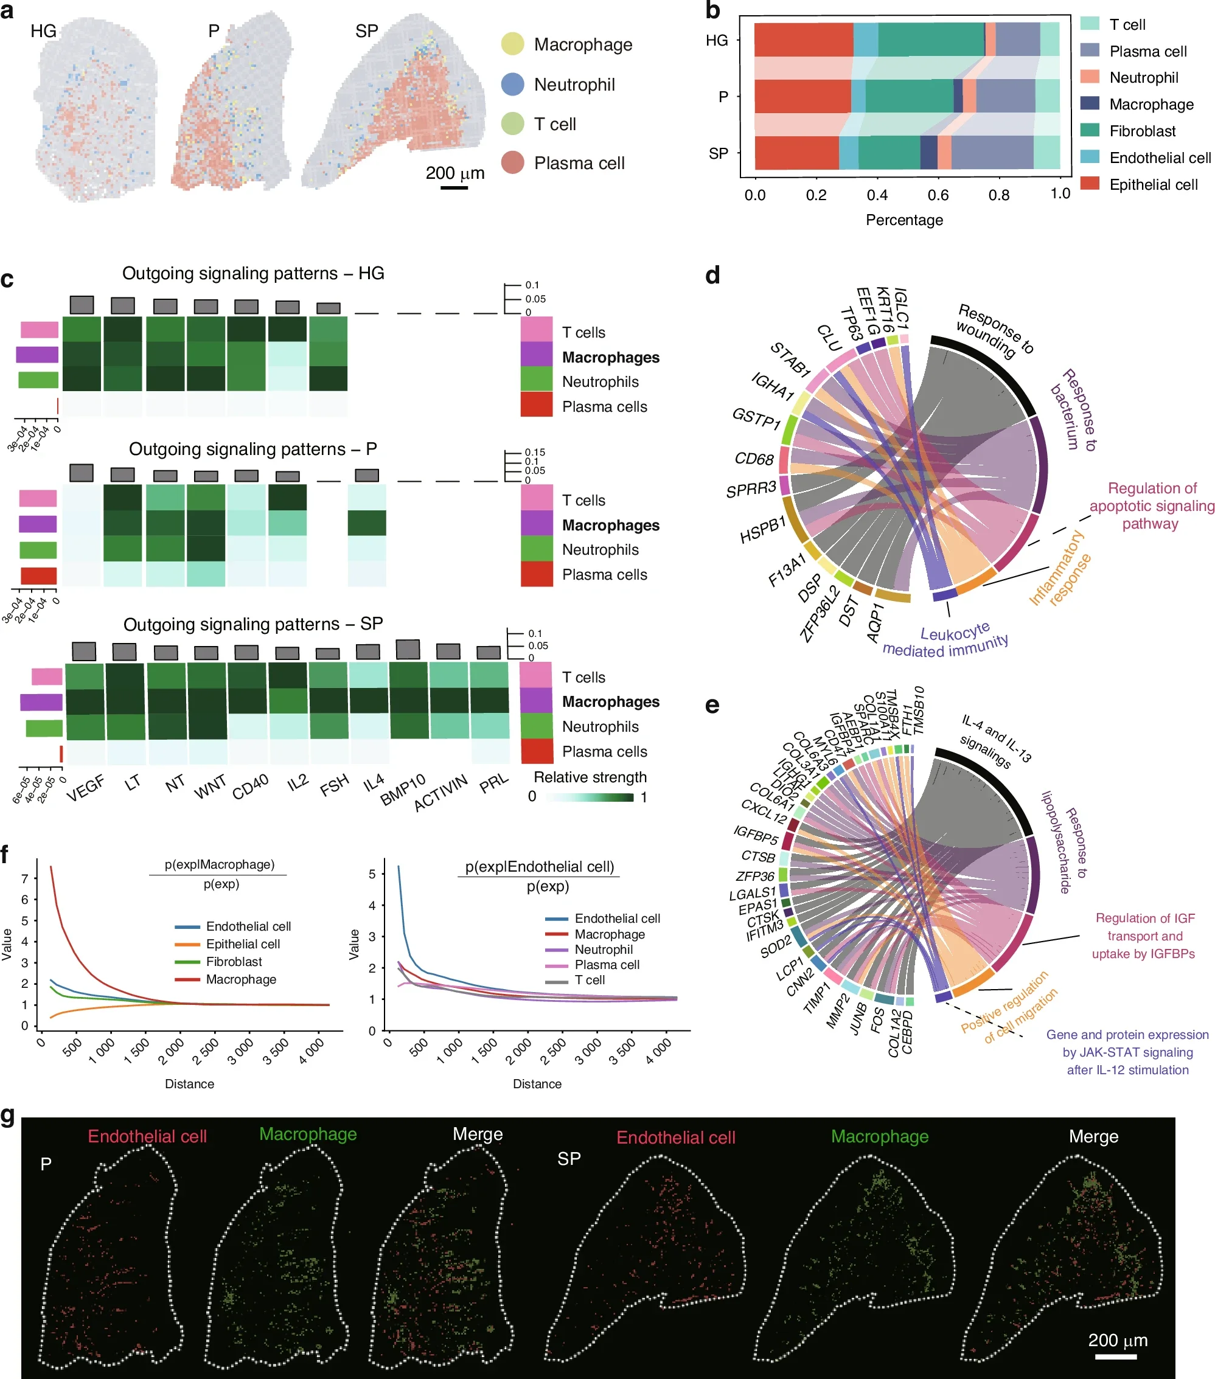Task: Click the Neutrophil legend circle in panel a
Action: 513,85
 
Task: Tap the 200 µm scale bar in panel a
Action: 454,187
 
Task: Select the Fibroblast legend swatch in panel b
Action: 1090,130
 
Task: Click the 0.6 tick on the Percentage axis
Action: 938,195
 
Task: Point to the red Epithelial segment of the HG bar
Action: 803,39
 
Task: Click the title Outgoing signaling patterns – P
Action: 253,450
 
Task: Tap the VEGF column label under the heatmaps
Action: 86,787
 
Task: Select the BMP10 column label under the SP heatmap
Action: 403,790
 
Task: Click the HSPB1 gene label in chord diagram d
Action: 763,530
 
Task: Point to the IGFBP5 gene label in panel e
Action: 756,835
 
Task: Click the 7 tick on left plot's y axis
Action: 25,878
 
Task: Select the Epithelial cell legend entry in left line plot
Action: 243,944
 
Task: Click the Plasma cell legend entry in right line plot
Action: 607,965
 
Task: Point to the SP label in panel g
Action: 569,1159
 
